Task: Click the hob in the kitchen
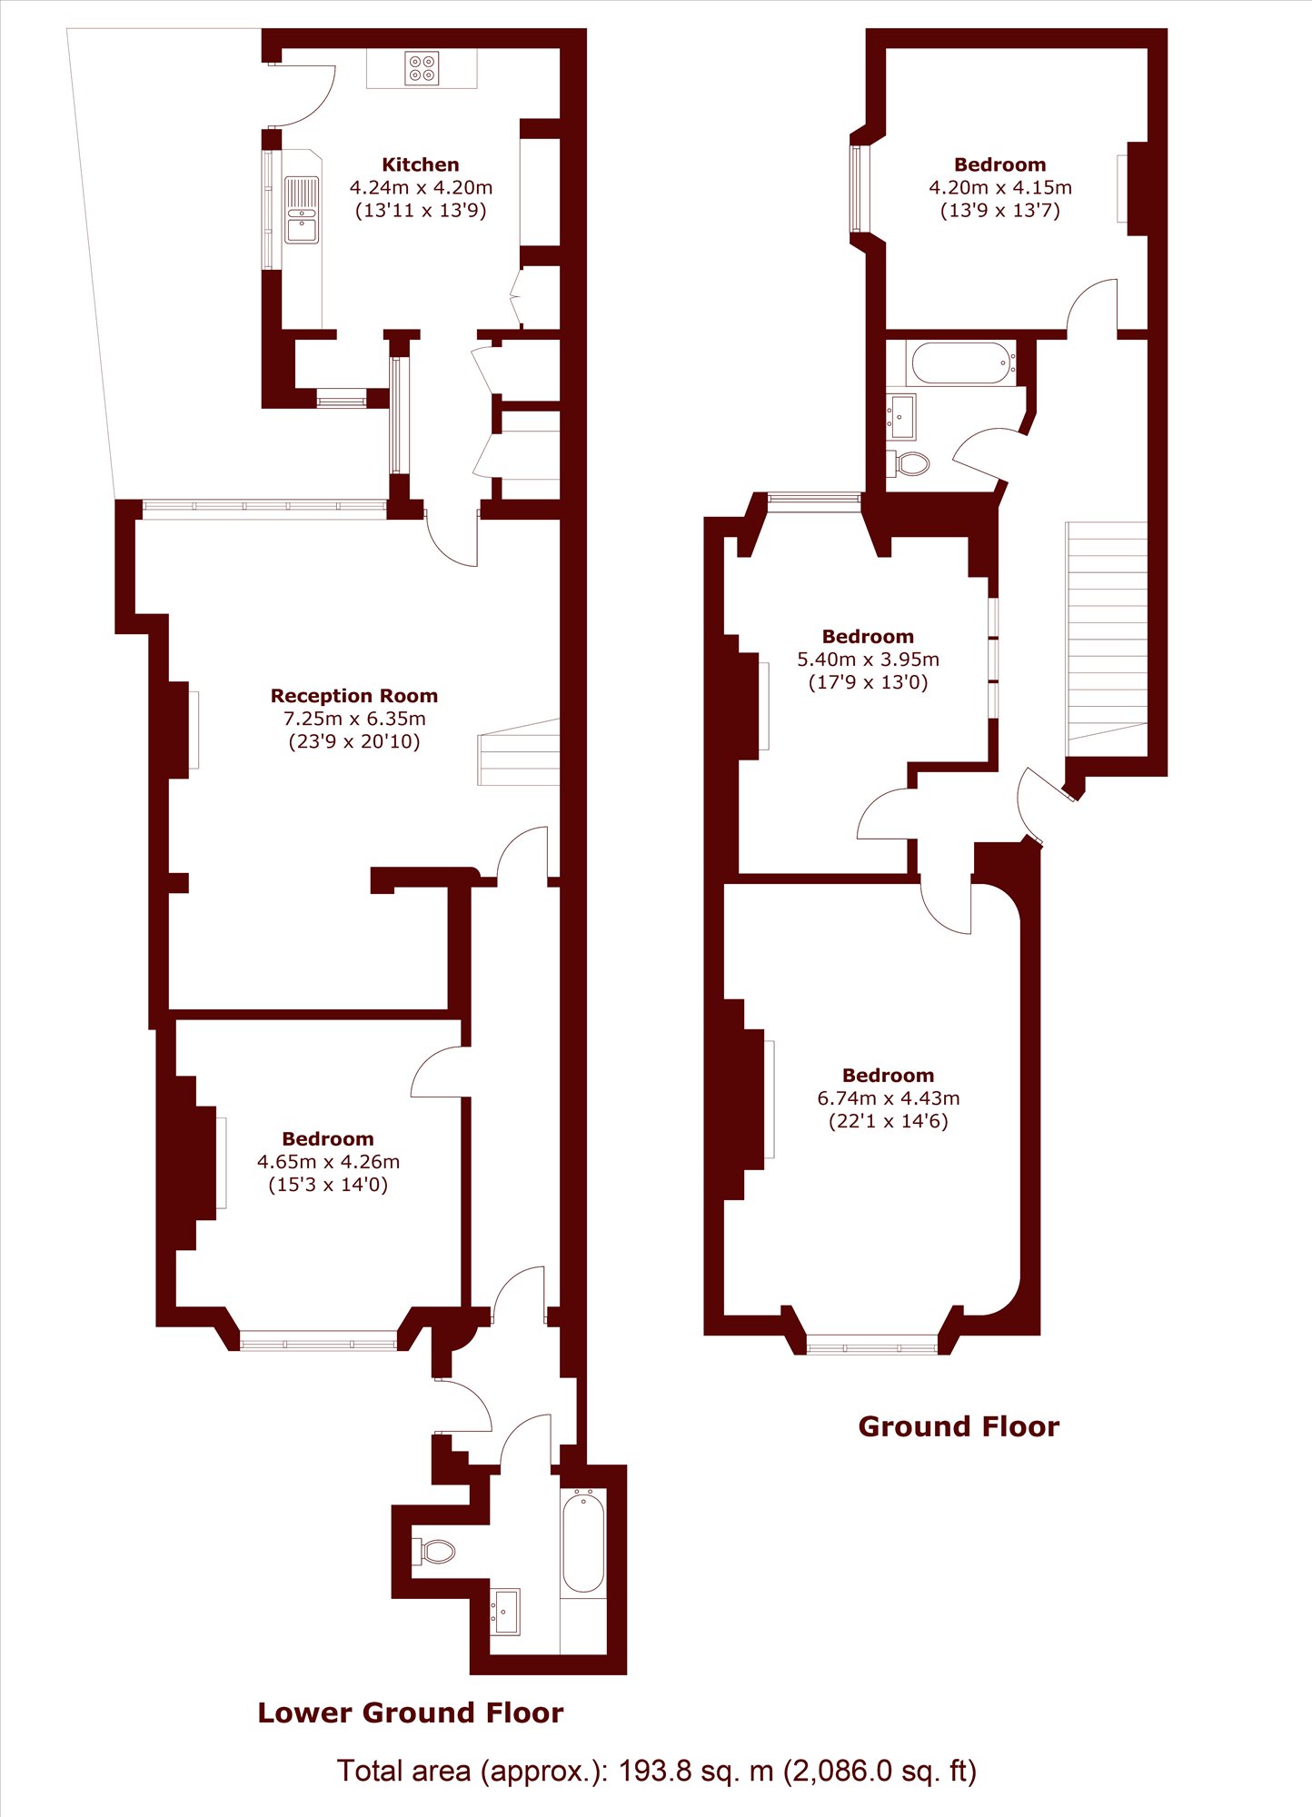(422, 68)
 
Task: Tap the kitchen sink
(302, 211)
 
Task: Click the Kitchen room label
(421, 164)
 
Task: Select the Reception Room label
(354, 696)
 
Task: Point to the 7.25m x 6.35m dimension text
(354, 719)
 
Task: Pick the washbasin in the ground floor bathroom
(901, 417)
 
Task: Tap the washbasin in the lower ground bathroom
(505, 1612)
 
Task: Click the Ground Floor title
(959, 1426)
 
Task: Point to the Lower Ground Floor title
(411, 1713)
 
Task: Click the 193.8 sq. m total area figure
(696, 1771)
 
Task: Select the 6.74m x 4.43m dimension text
(889, 1098)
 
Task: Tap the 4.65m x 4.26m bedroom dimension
(328, 1162)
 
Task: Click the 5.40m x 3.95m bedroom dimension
(868, 660)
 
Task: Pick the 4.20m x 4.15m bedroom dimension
(1000, 188)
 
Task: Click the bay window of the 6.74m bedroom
(872, 1345)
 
